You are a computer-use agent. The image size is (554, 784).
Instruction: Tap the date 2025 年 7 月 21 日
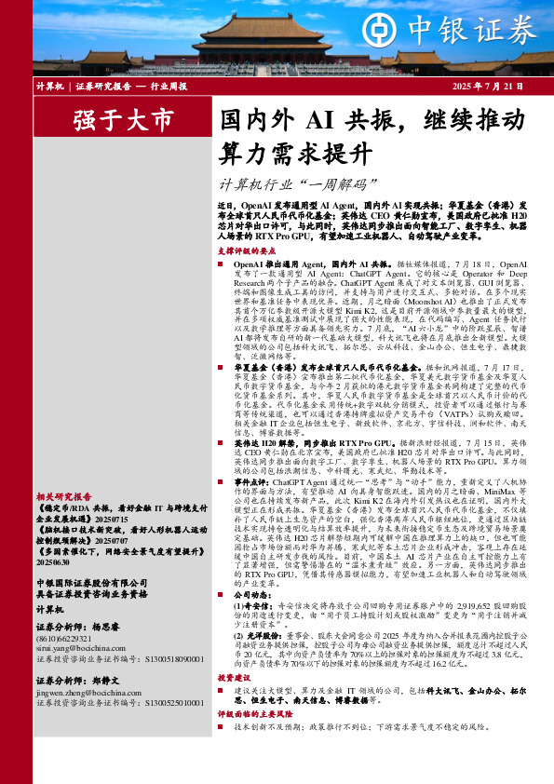coord(485,86)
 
